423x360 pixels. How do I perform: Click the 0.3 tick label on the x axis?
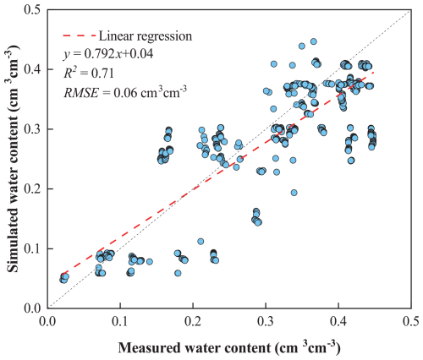(x=266, y=322)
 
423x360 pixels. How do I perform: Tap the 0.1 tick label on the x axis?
(x=120, y=322)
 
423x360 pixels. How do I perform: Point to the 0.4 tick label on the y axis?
(x=33, y=69)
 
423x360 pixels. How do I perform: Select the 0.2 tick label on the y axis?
(x=33, y=189)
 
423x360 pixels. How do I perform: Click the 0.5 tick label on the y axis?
(x=33, y=9)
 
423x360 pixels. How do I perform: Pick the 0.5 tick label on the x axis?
(x=411, y=322)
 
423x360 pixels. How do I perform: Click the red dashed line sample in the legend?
(x=80, y=35)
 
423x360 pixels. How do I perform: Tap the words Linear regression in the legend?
(x=146, y=35)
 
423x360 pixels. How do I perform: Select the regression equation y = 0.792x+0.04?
(x=108, y=53)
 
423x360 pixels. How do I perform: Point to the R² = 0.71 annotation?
(x=89, y=73)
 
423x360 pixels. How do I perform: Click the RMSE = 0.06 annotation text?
(x=125, y=91)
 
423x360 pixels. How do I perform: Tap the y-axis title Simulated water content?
(x=14, y=159)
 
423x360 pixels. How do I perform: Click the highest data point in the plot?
(x=313, y=41)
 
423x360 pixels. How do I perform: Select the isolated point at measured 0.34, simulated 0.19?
(x=294, y=193)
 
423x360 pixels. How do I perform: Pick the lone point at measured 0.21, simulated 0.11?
(x=201, y=242)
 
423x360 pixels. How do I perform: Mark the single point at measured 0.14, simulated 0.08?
(x=150, y=262)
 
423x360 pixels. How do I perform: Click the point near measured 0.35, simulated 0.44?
(x=302, y=46)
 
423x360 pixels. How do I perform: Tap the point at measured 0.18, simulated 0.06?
(x=178, y=273)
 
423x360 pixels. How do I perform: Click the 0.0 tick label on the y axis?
(x=33, y=308)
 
